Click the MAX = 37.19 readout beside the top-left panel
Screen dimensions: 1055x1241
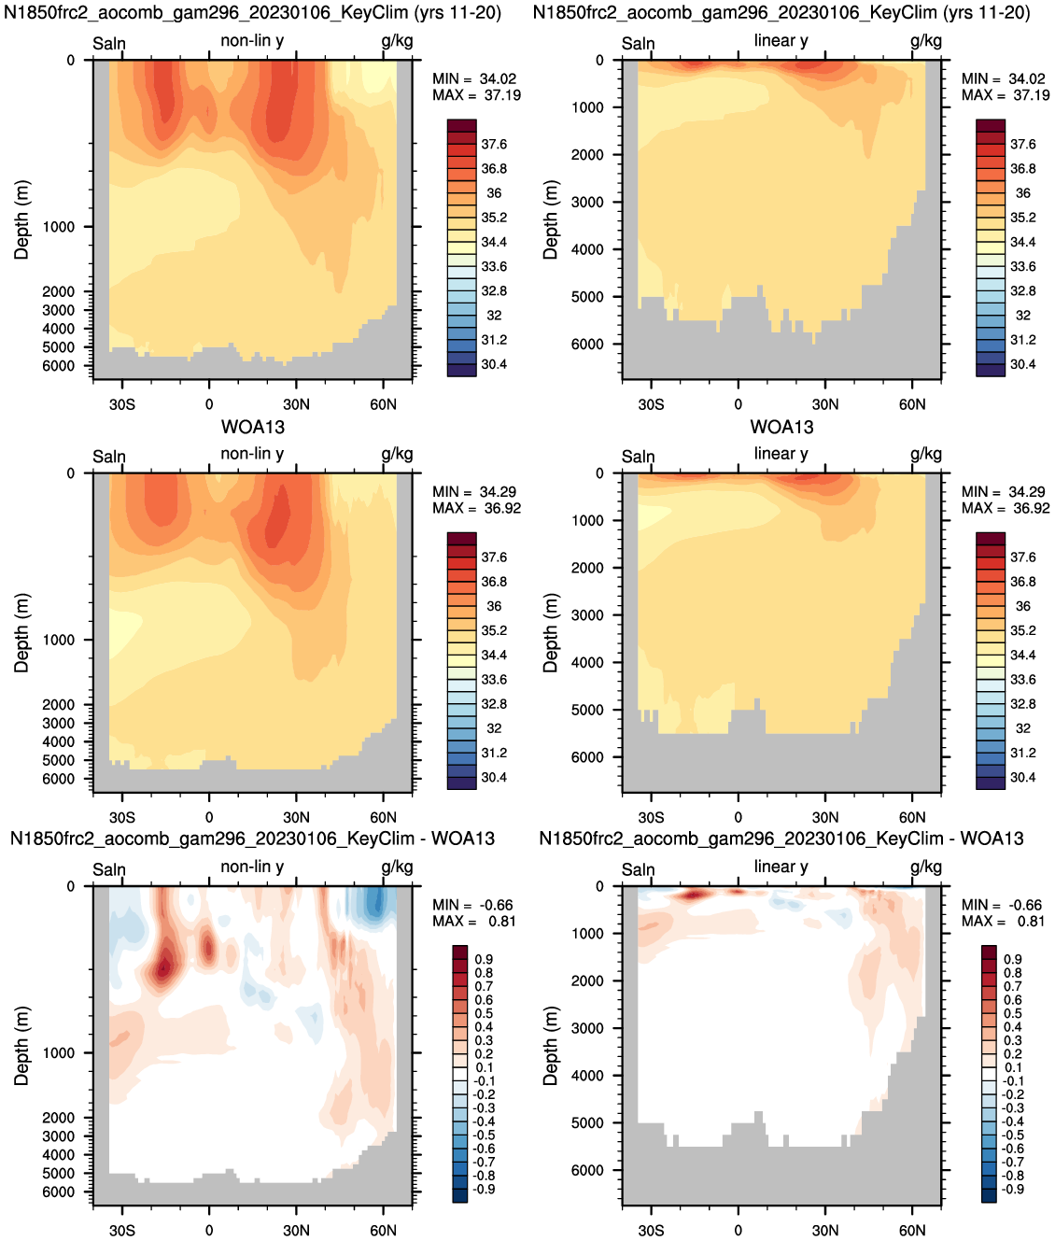pos(477,95)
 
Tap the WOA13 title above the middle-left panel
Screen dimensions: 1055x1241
pos(253,427)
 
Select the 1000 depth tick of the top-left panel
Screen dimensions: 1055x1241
pos(58,227)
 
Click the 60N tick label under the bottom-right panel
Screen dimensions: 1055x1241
pos(912,1230)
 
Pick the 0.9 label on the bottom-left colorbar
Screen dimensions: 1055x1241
pos(484,959)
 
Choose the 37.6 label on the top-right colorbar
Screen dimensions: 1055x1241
pos(1022,144)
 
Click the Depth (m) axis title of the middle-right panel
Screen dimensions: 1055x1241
pos(550,632)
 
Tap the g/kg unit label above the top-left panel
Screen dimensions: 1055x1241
pos(397,41)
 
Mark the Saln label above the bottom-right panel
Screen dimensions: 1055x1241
pos(638,870)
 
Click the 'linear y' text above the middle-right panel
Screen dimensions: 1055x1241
pos(781,454)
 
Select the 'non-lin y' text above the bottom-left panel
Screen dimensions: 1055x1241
pos(252,867)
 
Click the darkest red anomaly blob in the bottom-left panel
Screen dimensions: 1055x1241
pos(163,966)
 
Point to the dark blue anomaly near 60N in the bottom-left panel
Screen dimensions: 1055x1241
pos(375,901)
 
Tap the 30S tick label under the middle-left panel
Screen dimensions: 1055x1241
pos(122,817)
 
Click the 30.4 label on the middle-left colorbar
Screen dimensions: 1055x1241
pos(494,778)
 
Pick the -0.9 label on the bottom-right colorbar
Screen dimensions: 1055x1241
pos(1013,1190)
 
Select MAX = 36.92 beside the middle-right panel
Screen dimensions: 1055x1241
pos(1006,509)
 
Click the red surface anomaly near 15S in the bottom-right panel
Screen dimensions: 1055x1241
pos(693,895)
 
